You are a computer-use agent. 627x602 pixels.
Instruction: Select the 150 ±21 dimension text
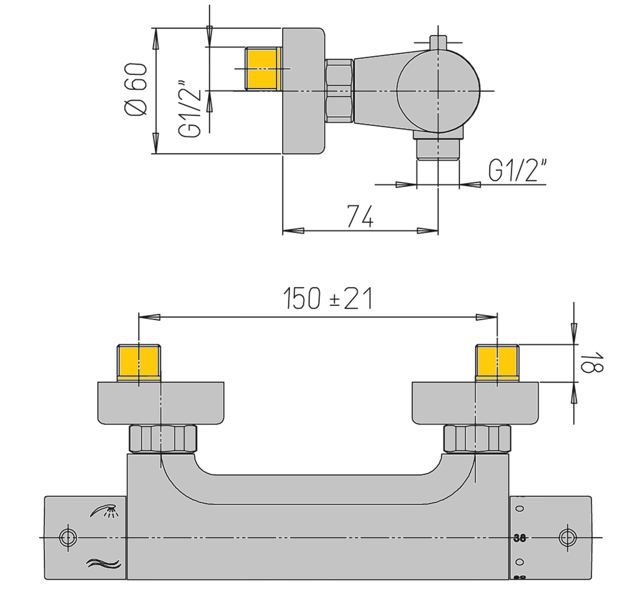tap(328, 299)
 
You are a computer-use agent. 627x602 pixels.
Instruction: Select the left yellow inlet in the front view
tap(139, 363)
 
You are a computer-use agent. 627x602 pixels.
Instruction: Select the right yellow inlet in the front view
tap(497, 363)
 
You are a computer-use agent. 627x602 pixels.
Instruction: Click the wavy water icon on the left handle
tap(104, 564)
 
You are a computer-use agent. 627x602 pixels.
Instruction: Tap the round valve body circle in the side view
tap(438, 91)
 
